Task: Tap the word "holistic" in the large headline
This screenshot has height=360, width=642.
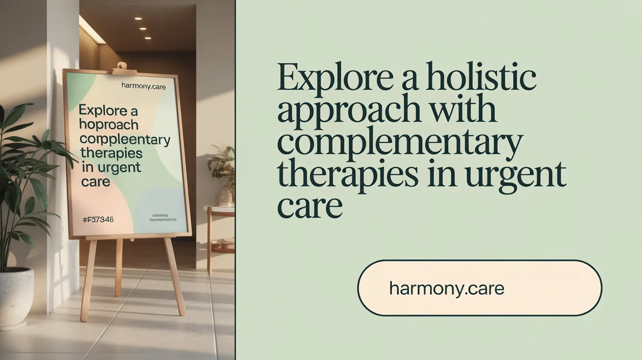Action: (x=477, y=78)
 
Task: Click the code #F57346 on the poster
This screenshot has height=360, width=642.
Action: (x=98, y=220)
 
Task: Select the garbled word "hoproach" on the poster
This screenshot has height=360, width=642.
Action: (x=109, y=125)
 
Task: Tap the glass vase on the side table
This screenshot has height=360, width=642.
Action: (x=227, y=196)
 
